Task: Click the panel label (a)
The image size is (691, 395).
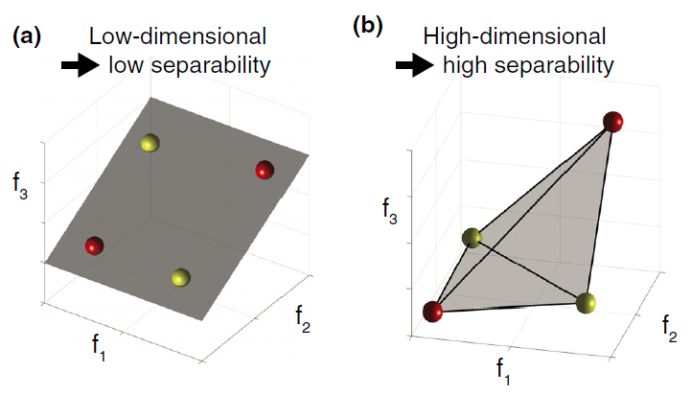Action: [25, 38]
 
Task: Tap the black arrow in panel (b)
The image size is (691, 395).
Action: [412, 65]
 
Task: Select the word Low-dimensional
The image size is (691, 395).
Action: [177, 38]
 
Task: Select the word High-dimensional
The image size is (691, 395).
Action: [516, 38]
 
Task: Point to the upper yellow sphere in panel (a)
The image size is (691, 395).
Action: [150, 144]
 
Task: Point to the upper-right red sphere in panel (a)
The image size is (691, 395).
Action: [265, 170]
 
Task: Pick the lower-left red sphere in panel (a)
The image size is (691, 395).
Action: [94, 246]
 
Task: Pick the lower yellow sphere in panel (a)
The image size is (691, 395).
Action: [181, 278]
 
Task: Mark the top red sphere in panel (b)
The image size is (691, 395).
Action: [613, 122]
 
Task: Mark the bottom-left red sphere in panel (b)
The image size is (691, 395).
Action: [433, 311]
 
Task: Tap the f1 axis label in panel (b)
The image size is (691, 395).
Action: [503, 367]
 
